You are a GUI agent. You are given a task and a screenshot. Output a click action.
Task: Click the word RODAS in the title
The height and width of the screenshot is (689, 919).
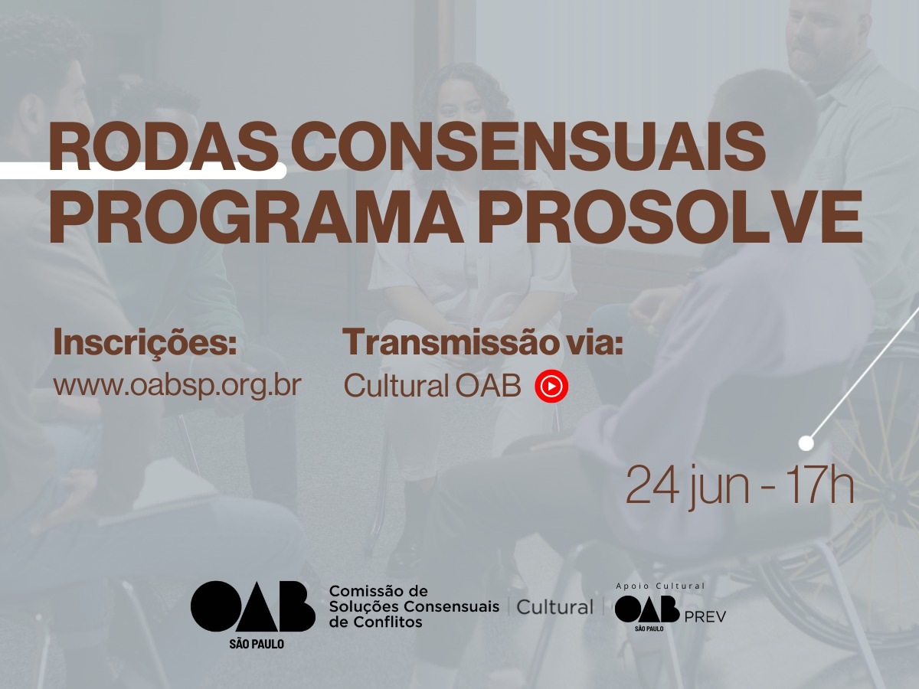click(x=163, y=146)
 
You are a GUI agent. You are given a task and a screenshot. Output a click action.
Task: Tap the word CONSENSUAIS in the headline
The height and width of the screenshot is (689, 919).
click(x=528, y=146)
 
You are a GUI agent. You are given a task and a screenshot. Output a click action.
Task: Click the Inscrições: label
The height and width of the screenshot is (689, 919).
click(x=145, y=343)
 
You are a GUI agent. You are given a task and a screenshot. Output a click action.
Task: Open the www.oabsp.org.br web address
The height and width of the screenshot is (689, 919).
click(x=177, y=385)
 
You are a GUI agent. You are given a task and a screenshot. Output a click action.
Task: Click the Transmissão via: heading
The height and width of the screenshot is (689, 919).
click(x=482, y=341)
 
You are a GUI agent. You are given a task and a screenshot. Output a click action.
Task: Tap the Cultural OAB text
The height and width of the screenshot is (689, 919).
click(x=432, y=385)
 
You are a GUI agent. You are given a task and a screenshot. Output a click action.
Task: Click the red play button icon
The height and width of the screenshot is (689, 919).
click(x=551, y=386)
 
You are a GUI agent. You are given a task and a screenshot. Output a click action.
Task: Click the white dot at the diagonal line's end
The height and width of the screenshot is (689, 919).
click(x=806, y=443)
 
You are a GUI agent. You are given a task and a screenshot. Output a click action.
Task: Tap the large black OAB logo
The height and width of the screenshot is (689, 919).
click(x=253, y=606)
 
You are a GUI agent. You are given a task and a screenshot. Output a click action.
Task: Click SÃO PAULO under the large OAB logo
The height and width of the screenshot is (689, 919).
click(x=257, y=644)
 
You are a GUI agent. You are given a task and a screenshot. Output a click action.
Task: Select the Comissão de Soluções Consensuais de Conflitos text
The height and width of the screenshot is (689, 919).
click(x=414, y=606)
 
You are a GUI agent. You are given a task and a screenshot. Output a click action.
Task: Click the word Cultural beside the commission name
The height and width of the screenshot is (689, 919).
click(x=555, y=607)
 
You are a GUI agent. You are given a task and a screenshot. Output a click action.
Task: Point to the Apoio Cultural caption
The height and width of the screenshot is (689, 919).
click(x=661, y=586)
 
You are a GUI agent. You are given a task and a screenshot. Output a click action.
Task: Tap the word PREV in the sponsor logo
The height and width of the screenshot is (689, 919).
click(x=705, y=617)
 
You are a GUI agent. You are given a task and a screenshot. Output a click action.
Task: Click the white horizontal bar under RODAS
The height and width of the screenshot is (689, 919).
click(x=142, y=171)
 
